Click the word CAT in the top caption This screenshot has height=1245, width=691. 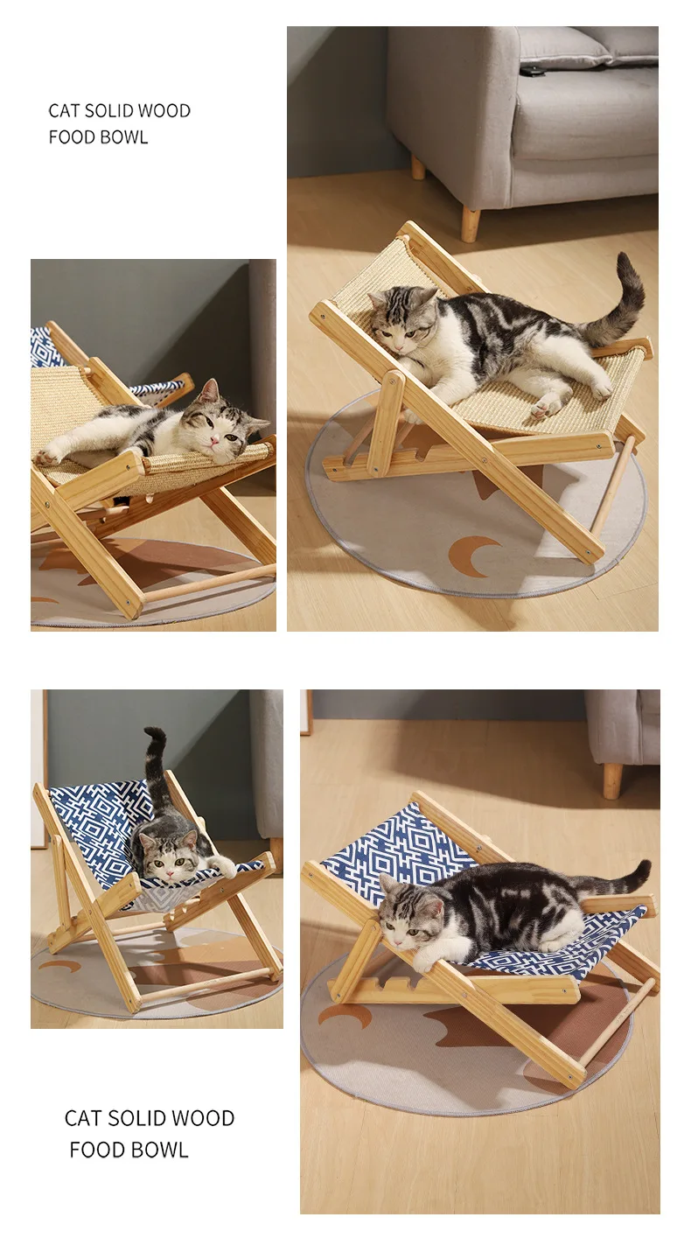[x=63, y=110]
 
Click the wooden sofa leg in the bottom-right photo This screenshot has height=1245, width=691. [x=613, y=781]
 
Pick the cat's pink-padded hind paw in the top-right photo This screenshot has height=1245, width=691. [x=544, y=407]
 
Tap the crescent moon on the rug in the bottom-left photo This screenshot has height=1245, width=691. [x=59, y=965]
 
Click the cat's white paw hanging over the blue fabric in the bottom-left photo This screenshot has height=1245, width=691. [x=226, y=866]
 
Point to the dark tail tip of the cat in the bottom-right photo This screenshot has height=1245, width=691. [x=640, y=872]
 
